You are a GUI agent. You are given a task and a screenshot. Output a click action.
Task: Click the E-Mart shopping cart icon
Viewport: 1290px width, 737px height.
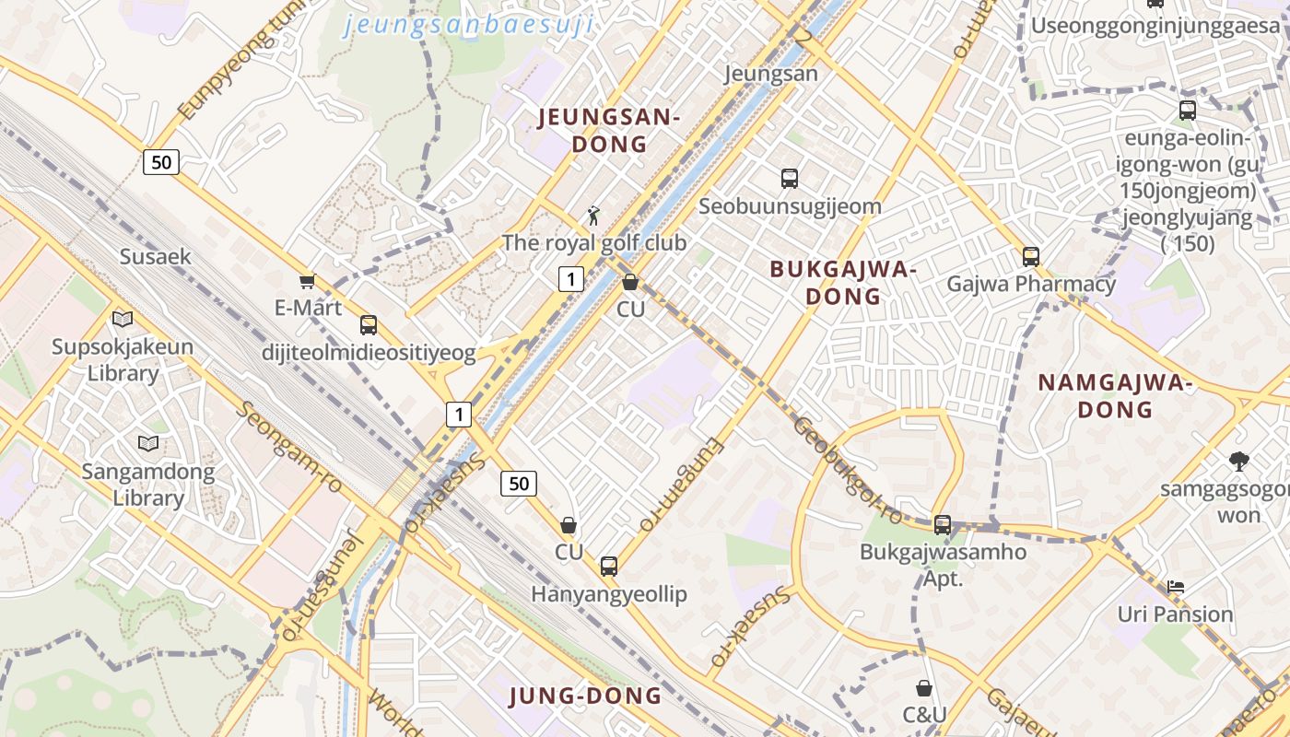click(x=307, y=281)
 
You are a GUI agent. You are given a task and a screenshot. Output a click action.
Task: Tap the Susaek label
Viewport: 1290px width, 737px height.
click(x=155, y=256)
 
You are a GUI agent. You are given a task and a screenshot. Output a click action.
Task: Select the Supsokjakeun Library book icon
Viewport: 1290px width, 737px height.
click(x=123, y=320)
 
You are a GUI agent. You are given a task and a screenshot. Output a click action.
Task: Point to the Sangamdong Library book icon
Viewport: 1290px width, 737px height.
click(x=148, y=444)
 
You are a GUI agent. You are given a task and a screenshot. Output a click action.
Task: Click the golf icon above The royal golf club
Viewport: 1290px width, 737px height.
click(x=594, y=216)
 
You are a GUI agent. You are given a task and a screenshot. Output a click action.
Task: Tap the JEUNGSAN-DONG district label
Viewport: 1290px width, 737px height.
click(x=608, y=131)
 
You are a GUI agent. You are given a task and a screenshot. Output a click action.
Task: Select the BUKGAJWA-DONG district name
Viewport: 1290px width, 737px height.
click(x=843, y=283)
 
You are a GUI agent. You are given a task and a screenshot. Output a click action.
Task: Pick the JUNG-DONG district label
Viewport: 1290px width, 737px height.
click(x=585, y=696)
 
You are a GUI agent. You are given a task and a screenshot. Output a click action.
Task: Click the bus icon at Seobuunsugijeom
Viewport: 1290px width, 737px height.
click(x=790, y=179)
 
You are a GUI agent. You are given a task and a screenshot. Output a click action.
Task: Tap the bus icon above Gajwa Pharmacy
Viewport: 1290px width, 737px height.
click(x=1031, y=256)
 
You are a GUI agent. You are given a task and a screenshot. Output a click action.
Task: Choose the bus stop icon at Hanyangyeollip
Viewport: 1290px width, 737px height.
click(x=609, y=566)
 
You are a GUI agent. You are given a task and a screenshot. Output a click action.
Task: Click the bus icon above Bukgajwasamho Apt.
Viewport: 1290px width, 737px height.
click(x=942, y=525)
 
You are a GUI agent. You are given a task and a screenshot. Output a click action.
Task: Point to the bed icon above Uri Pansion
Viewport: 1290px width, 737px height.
click(x=1175, y=586)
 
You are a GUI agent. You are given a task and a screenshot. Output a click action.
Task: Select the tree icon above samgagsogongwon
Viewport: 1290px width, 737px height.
click(x=1239, y=462)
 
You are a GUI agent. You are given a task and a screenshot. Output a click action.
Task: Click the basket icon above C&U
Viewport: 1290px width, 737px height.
click(x=924, y=688)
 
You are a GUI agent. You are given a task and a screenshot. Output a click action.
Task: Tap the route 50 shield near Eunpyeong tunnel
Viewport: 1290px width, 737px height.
click(x=161, y=163)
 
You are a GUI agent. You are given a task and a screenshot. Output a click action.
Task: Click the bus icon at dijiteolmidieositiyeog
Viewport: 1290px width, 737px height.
click(x=369, y=324)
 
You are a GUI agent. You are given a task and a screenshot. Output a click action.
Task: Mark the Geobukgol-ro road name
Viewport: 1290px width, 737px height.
click(x=845, y=467)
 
